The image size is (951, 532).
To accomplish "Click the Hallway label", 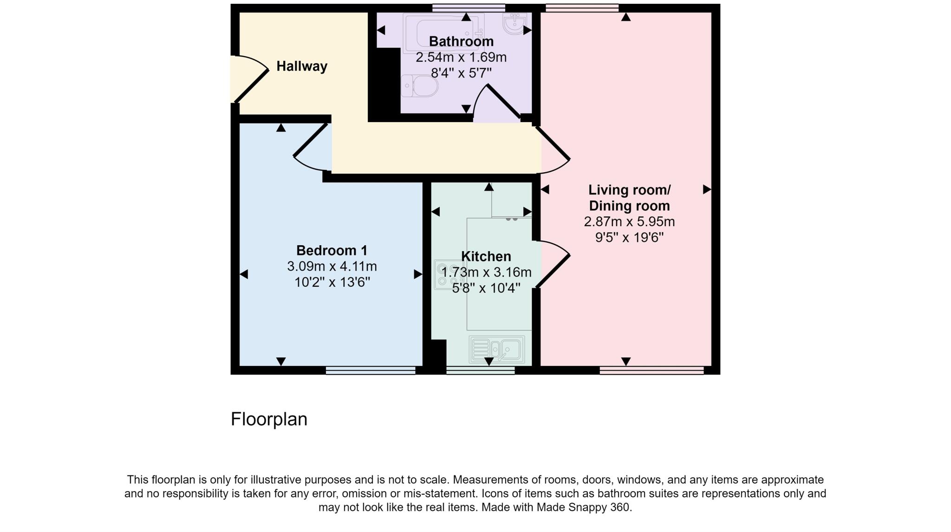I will (302, 66).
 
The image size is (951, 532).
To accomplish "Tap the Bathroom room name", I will (461, 41).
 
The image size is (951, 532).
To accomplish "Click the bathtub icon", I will (443, 32).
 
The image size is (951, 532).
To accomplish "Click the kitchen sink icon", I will (497, 349).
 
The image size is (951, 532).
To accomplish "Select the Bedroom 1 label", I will (332, 251).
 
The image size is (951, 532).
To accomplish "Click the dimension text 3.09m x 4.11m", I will (332, 266).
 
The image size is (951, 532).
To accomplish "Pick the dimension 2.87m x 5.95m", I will (629, 222).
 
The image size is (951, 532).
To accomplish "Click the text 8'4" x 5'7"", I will (461, 73).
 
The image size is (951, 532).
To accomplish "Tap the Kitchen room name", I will (486, 256).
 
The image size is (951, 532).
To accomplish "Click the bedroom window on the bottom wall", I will (370, 370).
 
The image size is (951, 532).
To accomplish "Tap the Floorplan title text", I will (269, 419).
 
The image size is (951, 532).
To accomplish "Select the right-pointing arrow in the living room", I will (707, 189).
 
